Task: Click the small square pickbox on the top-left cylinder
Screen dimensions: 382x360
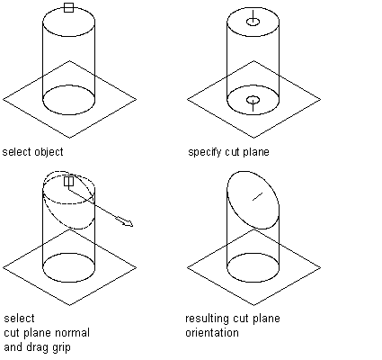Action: click(x=68, y=7)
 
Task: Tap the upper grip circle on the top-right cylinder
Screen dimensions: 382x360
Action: click(x=253, y=22)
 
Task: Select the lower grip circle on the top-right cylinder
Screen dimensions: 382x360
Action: click(x=253, y=100)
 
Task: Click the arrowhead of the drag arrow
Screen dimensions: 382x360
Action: click(x=129, y=223)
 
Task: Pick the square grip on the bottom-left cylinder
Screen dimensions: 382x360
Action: click(x=68, y=181)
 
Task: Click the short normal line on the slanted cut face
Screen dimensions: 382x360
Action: click(x=258, y=196)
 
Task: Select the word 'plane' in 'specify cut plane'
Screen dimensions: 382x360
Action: click(x=256, y=152)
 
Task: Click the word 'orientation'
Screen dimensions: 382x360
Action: click(x=212, y=333)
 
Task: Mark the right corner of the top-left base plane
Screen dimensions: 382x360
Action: click(x=137, y=99)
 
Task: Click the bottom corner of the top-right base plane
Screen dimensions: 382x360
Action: click(x=253, y=138)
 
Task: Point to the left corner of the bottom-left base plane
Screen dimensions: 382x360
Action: click(x=3, y=267)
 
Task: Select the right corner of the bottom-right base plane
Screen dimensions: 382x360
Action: click(x=321, y=267)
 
